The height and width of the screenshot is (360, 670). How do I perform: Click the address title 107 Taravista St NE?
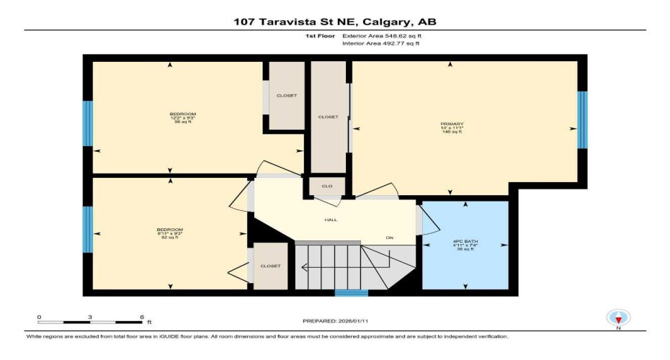tap(335, 22)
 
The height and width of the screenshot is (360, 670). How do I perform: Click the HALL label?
tap(331, 220)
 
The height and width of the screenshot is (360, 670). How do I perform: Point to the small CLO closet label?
tap(327, 186)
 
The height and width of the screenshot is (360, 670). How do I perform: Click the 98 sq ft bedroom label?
tap(182, 118)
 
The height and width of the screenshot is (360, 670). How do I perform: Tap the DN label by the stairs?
tap(390, 238)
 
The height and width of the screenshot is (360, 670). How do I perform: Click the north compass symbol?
tap(618, 318)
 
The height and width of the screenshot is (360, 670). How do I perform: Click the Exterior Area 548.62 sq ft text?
tap(381, 35)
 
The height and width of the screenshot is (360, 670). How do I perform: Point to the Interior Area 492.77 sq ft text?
tap(380, 44)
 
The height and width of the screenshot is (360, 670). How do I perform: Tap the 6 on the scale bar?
tap(141, 317)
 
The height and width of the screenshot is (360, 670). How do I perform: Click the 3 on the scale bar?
tap(90, 317)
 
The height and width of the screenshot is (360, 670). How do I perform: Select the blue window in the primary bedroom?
tap(582, 120)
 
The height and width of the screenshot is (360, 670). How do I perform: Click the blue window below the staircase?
tap(352, 293)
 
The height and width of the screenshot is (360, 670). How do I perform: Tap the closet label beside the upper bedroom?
tap(286, 96)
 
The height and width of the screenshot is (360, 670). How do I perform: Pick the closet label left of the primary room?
tap(328, 117)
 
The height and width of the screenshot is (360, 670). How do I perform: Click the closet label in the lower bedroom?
tap(270, 266)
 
